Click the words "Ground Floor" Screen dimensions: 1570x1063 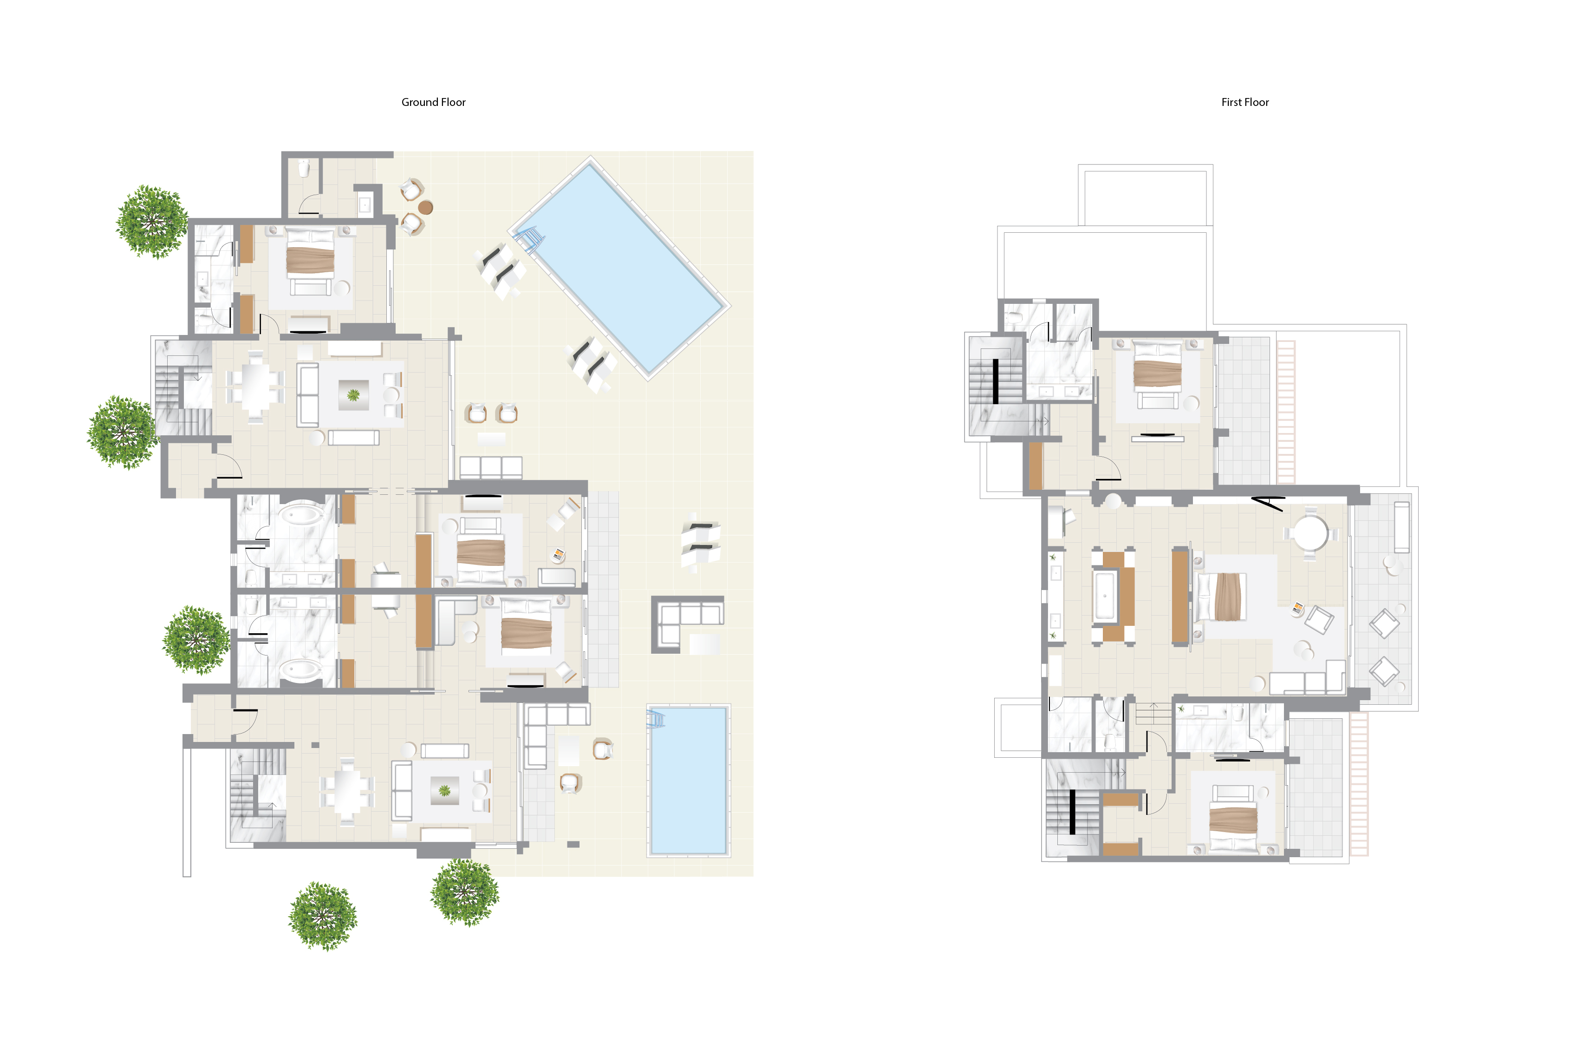pos(433,102)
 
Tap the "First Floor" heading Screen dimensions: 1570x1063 pos(1244,102)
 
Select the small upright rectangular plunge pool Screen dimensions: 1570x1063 pos(688,781)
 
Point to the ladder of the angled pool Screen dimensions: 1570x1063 pos(528,239)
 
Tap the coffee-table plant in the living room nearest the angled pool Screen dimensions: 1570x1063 pos(353,394)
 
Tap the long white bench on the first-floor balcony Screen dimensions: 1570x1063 pos(1402,527)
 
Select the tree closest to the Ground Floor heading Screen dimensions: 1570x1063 pos(152,222)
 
